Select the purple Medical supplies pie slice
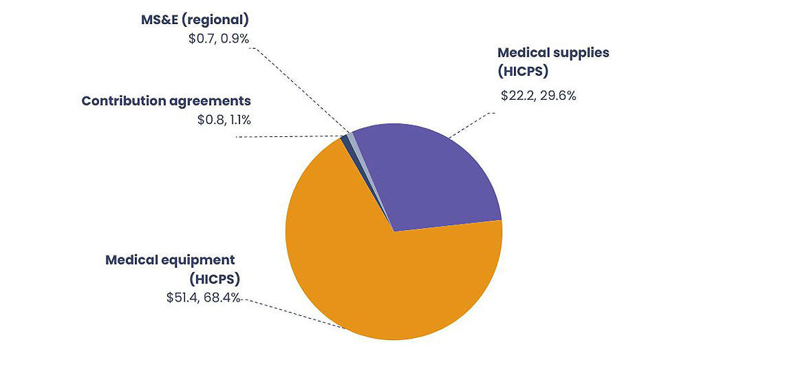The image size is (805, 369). (433, 179)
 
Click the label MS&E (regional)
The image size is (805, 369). (195, 19)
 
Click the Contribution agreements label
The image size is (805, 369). (166, 101)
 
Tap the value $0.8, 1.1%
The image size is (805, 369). (224, 120)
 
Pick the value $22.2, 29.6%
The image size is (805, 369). (538, 96)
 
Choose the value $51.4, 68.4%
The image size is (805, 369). (203, 297)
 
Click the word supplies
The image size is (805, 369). (577, 53)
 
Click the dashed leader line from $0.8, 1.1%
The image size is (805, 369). (289, 136)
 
